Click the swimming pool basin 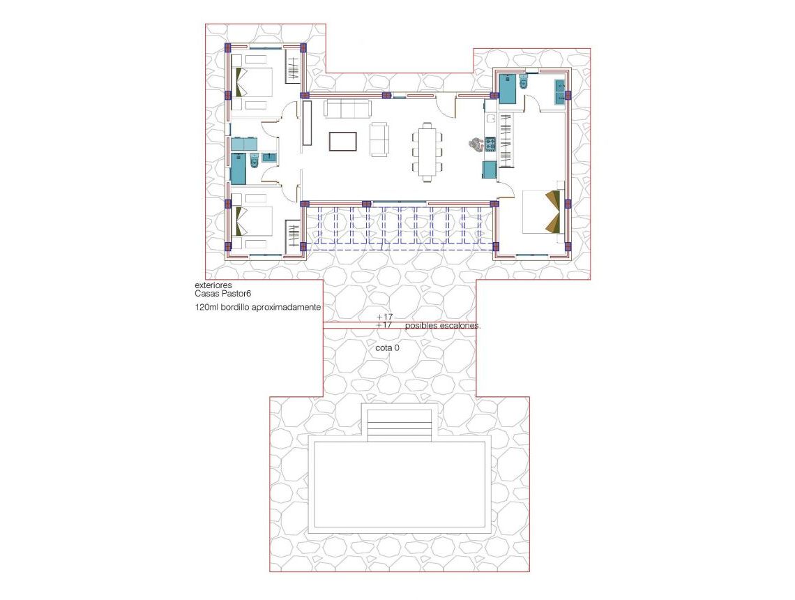tap(400, 485)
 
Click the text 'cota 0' tap(387, 347)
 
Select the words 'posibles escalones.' tap(443, 326)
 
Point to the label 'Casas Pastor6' tap(222, 294)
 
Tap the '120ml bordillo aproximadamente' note tap(258, 307)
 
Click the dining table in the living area tap(427, 151)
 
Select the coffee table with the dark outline tap(343, 142)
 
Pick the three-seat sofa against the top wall tap(347, 109)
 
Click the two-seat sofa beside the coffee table tap(379, 139)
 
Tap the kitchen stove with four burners tap(490, 144)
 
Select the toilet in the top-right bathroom tap(524, 85)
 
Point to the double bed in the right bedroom tap(542, 211)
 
